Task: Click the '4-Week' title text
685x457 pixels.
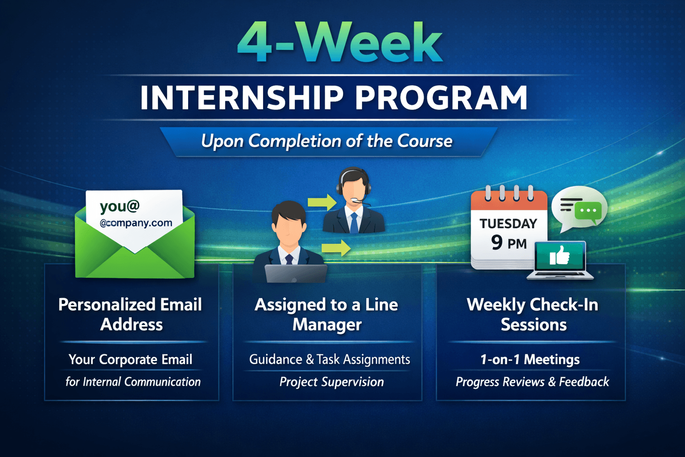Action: (x=340, y=42)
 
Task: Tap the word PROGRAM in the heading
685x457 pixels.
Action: (x=442, y=97)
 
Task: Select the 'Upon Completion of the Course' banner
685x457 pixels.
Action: (x=328, y=141)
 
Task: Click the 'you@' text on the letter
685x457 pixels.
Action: (x=120, y=206)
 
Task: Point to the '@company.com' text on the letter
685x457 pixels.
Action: (x=136, y=223)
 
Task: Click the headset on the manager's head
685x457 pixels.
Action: (x=353, y=183)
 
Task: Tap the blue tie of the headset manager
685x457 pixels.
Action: (x=354, y=223)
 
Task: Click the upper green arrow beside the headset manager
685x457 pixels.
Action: (x=322, y=202)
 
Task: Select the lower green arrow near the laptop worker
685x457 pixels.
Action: (x=336, y=248)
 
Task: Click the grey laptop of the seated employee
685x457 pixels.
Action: (x=296, y=273)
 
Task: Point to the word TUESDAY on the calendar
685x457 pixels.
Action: (x=508, y=224)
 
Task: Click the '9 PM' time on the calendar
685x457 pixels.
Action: (x=509, y=243)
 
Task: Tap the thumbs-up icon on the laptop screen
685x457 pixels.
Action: (x=559, y=255)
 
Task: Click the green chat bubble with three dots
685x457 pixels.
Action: (x=588, y=212)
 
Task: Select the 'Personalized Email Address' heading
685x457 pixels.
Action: (x=131, y=314)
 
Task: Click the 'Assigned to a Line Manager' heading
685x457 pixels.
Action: (x=327, y=314)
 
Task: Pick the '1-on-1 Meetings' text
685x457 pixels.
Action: (x=530, y=359)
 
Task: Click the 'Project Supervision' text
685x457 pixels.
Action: (x=332, y=382)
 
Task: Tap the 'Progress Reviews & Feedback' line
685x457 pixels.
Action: (x=532, y=382)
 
